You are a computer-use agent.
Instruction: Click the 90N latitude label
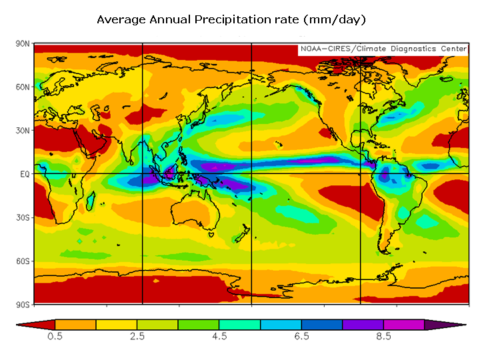(23, 44)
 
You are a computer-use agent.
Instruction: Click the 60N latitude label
(23, 87)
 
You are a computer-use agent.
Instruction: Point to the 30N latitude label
(23, 131)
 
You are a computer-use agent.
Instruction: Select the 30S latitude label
(23, 217)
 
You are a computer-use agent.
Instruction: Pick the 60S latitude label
(23, 261)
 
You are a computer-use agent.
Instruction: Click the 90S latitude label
(23, 304)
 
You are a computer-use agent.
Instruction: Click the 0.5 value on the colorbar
(55, 337)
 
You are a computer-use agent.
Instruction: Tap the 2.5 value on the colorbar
(137, 337)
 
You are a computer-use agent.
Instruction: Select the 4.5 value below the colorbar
(219, 337)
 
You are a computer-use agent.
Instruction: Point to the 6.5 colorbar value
(301, 337)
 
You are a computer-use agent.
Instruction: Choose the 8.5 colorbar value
(383, 337)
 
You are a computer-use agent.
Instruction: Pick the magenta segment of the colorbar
(404, 325)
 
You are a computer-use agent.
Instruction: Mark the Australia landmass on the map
(197, 213)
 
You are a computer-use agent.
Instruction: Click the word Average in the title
(121, 20)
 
